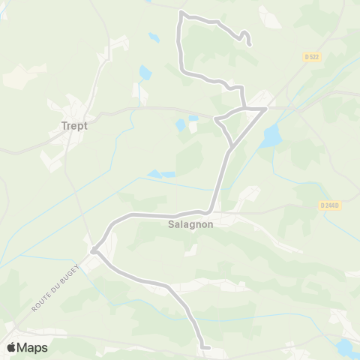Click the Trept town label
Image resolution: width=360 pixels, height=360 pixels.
point(74,126)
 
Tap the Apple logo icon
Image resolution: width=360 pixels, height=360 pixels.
point(11,347)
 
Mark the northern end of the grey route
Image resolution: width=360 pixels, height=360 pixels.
point(248,44)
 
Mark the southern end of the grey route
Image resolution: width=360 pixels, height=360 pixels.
point(204,346)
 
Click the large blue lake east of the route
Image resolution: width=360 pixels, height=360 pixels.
point(271,136)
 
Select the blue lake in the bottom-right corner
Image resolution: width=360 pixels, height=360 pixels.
point(346,347)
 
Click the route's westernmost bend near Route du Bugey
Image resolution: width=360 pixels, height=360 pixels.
point(93,250)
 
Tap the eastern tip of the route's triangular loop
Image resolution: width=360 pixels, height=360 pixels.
point(265,109)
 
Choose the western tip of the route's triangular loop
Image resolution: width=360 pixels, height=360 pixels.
point(216,120)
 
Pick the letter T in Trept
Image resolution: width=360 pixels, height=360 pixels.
point(63,126)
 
